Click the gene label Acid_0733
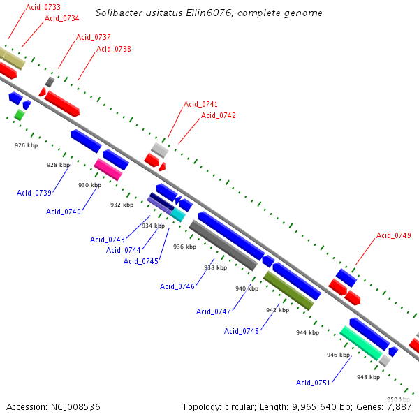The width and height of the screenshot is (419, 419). (x=43, y=7)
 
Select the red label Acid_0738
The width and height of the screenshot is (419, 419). (x=114, y=49)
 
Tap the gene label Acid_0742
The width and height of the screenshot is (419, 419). (x=219, y=116)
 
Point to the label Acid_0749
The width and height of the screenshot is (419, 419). (x=394, y=235)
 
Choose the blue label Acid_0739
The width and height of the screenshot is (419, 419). (x=34, y=193)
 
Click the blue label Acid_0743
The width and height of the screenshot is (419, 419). (x=108, y=240)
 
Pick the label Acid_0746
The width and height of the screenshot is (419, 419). (x=177, y=286)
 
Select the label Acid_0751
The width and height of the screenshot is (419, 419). (x=314, y=383)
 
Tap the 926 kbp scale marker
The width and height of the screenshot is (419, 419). (x=25, y=145)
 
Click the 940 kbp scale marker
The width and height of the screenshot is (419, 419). (x=247, y=288)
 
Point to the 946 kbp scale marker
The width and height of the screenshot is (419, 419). (x=338, y=355)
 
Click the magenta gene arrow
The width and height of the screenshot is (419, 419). (x=108, y=169)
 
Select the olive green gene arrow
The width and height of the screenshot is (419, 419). (x=288, y=291)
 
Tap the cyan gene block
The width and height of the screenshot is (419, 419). (x=178, y=215)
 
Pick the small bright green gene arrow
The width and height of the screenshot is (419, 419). (x=20, y=115)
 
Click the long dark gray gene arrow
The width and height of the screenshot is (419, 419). (x=223, y=245)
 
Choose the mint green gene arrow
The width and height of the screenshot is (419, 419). (x=361, y=343)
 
